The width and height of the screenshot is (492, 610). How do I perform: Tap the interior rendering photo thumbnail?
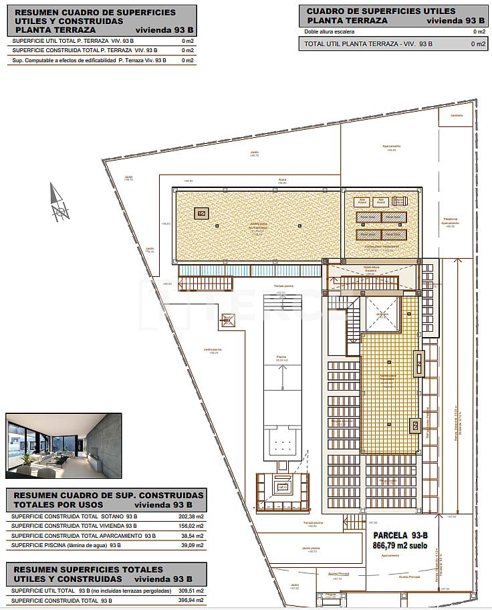coord(64,445)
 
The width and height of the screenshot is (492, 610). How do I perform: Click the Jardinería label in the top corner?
coord(456,115)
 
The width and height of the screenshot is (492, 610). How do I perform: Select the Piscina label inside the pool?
coord(281,357)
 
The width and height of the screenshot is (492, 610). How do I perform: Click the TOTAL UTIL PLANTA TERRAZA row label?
coord(368,44)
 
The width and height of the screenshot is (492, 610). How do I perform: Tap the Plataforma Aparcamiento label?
coord(450,223)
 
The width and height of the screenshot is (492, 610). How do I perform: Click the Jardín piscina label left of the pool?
coord(212,350)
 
